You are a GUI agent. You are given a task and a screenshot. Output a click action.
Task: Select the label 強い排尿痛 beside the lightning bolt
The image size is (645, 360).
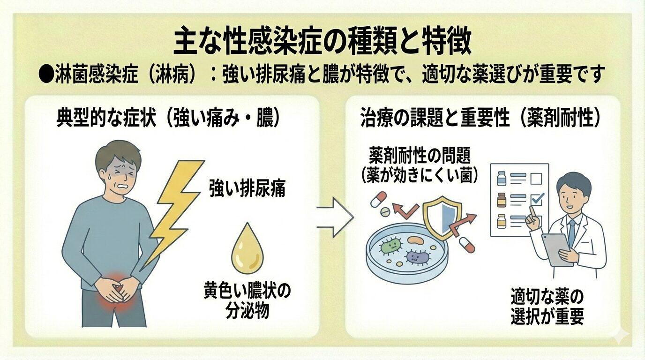pos(247,190)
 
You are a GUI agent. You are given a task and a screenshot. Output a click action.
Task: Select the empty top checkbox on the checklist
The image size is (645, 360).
pos(536,179)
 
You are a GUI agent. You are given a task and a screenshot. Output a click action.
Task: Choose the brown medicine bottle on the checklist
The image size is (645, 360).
pos(502,199)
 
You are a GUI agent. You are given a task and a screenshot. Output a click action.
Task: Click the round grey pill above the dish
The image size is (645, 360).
pos(384,212)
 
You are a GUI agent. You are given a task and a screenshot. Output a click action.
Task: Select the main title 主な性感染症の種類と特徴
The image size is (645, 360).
pos(322,43)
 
